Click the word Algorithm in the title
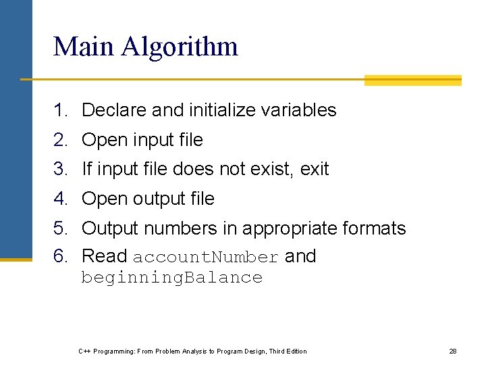180,47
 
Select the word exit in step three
314,169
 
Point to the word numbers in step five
181,228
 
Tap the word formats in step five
375,228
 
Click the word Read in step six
104,256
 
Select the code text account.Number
205,258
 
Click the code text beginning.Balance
171,278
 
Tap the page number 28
453,351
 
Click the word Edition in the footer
295,351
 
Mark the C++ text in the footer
84,351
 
